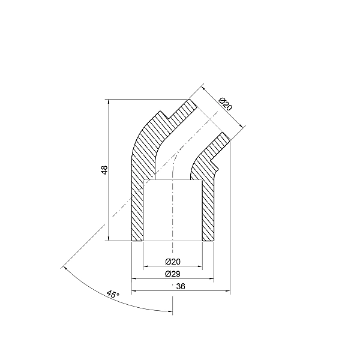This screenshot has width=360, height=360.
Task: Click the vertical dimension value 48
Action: coord(104,170)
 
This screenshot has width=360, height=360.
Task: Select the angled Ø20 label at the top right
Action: coord(224,103)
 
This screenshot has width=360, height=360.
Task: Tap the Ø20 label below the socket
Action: coord(172,261)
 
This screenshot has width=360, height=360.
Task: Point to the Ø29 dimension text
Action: coord(172,274)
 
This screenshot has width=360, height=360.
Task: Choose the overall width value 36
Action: coord(181,287)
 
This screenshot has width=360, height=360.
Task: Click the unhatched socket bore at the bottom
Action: coord(172,210)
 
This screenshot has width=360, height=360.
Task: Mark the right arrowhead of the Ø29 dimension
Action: coord(212,279)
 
